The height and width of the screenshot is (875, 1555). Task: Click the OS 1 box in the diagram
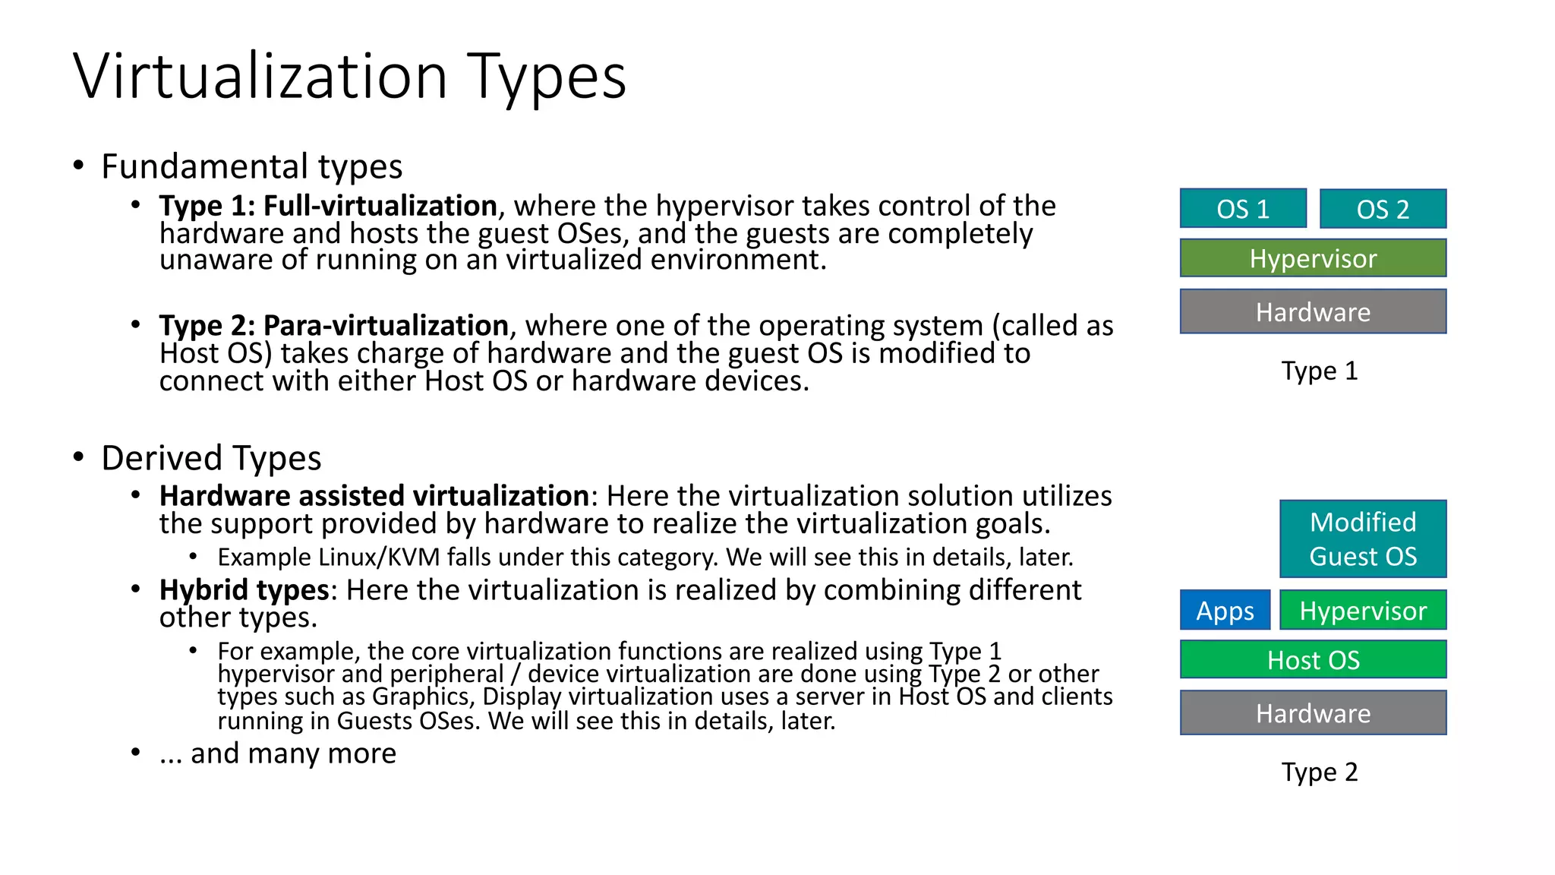click(x=1243, y=209)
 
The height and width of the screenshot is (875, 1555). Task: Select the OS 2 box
click(x=1383, y=209)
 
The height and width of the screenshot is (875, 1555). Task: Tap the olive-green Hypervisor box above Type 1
click(x=1313, y=258)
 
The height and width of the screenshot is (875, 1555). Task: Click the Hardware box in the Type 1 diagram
click(x=1313, y=311)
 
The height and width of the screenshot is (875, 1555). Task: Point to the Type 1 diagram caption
click(x=1319, y=371)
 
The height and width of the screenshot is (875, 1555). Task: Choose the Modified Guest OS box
click(x=1363, y=539)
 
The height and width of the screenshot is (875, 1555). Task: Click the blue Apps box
click(x=1225, y=610)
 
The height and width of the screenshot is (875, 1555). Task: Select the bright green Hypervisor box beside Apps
click(x=1363, y=610)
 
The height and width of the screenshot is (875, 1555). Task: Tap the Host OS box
click(x=1313, y=659)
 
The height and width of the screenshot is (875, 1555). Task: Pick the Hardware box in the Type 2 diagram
click(x=1313, y=712)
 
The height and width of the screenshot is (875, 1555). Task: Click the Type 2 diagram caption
click(x=1319, y=772)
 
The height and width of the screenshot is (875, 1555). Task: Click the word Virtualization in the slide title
click(x=260, y=76)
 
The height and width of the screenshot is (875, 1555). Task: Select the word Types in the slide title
click(x=547, y=77)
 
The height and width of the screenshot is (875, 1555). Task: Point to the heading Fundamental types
click(x=251, y=166)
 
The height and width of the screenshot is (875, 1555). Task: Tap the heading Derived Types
click(x=211, y=458)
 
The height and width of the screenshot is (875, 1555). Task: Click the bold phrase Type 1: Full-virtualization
click(x=328, y=206)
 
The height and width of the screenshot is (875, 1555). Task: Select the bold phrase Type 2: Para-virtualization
click(x=333, y=325)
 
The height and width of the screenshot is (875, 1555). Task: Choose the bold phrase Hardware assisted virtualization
click(x=374, y=496)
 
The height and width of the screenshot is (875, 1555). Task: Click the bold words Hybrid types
click(x=244, y=590)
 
